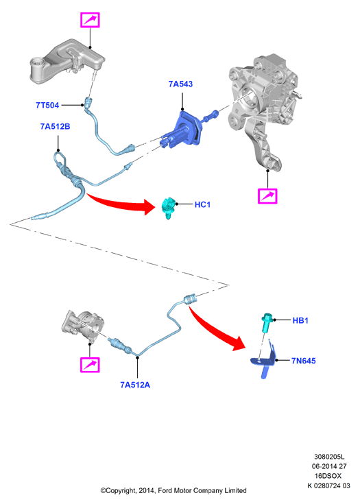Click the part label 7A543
coord(180,84)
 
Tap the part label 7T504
coord(47,105)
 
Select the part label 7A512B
coord(55,127)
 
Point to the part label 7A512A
coord(135,385)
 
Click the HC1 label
coord(202,205)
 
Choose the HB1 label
coord(300,320)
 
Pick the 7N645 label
coord(303,361)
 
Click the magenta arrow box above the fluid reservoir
coord(90,21)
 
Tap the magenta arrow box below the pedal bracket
coord(267,195)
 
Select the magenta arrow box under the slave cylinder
coord(90,365)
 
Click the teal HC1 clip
coord(169,207)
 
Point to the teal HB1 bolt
coord(267,322)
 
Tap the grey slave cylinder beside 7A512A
coord(83,325)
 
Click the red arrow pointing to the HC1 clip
coord(122,203)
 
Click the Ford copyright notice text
coord(173,490)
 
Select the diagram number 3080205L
coord(329,457)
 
